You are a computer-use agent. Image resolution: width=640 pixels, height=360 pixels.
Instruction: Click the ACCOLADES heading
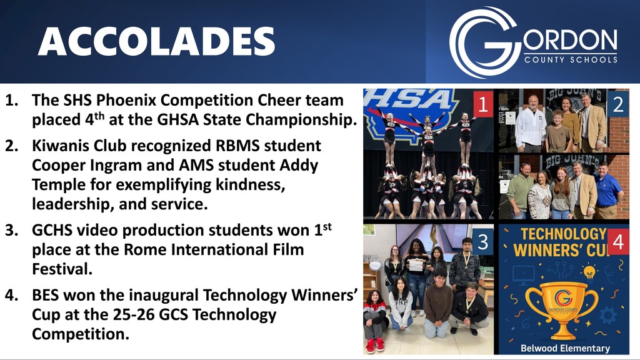coord(156,42)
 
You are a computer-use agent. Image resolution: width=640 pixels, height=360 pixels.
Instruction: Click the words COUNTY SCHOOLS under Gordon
coord(571,59)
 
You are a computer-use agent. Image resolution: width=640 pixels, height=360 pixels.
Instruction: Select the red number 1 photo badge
coord(483,104)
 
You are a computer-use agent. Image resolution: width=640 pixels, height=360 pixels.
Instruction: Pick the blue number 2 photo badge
coord(618,104)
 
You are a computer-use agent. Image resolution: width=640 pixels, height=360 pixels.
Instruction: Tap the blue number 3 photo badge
coord(483,242)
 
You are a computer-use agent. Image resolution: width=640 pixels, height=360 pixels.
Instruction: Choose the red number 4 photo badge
coord(618,242)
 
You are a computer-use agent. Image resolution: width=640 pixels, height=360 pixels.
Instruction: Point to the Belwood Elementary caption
coord(565,348)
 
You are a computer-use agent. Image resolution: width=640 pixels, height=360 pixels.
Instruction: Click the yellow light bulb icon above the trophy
coord(589,272)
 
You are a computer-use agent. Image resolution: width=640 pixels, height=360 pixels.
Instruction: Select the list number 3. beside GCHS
coord(12,230)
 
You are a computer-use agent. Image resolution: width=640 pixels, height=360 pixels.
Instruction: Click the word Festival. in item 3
coord(62,269)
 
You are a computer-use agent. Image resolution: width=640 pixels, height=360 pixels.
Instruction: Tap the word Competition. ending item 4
coord(81,334)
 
